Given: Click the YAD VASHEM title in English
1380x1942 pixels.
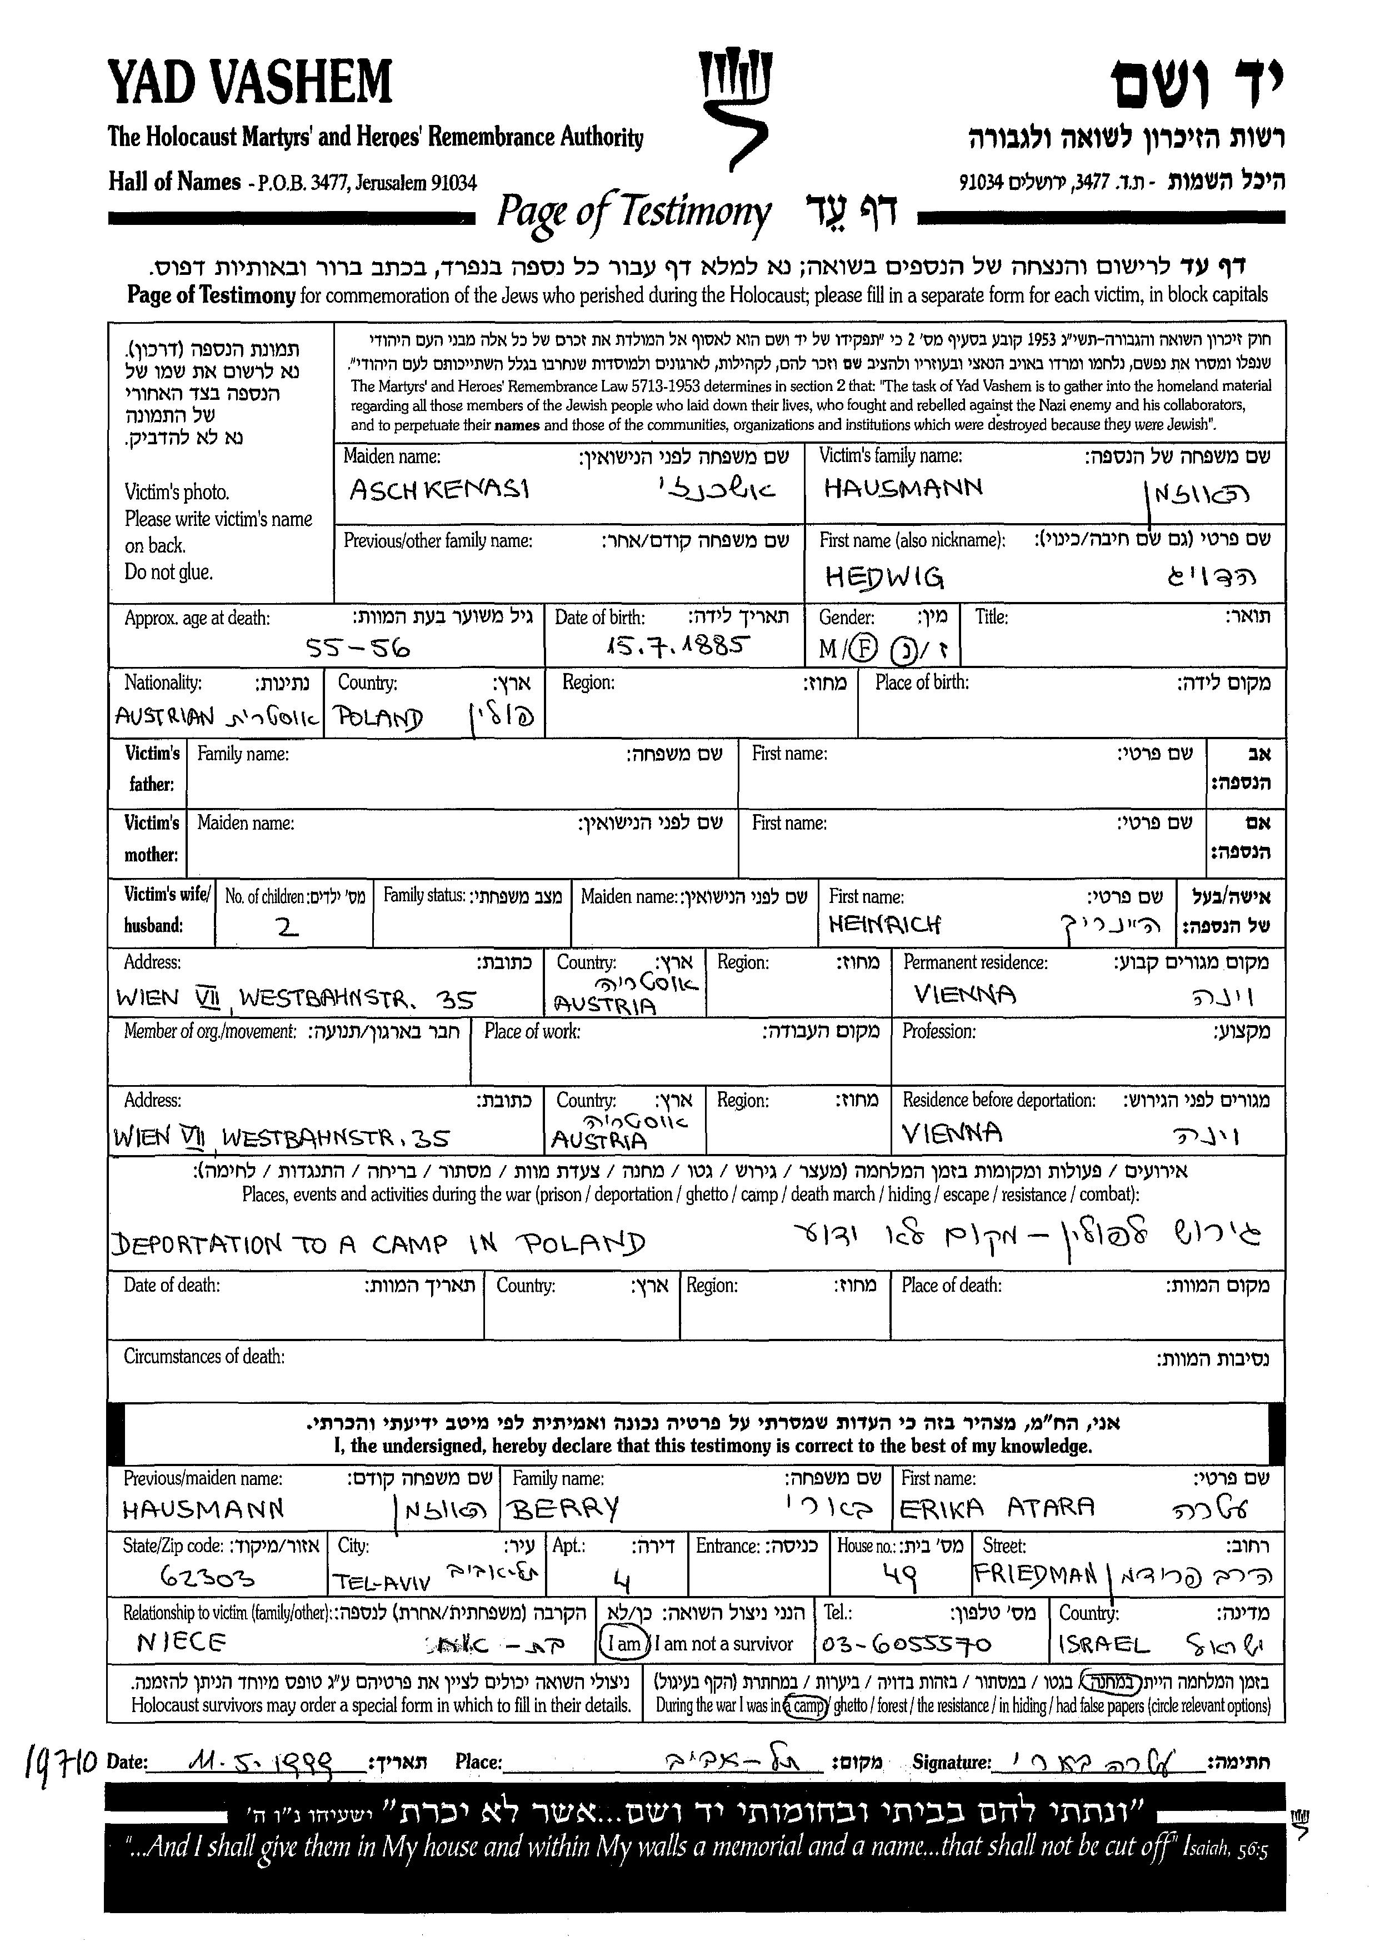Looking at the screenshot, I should [250, 82].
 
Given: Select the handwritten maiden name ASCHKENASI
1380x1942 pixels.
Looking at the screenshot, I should [439, 490].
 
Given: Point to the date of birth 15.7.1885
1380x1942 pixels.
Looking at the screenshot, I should [676, 648].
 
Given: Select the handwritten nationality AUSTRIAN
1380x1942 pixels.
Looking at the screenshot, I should [165, 718].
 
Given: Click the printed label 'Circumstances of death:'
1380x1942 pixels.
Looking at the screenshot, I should [204, 1356].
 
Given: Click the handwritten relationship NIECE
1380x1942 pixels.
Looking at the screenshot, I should [181, 1641].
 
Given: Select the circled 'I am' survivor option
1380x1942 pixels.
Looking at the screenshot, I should [624, 1643].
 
